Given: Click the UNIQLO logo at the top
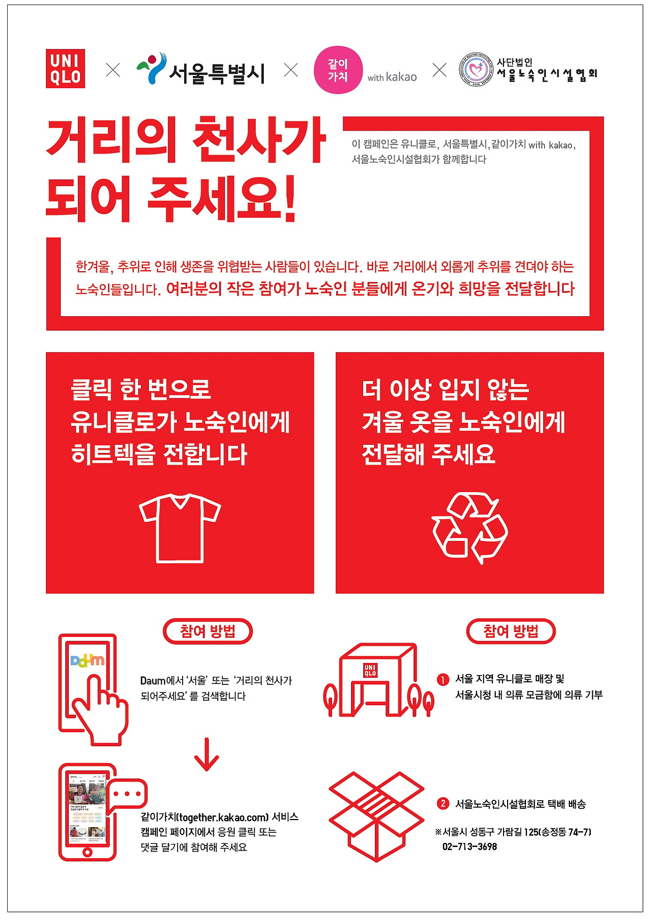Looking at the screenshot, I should [65, 69].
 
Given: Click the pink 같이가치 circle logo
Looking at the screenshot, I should [338, 70].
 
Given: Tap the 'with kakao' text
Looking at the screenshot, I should [392, 77].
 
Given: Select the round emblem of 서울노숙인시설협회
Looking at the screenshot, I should [476, 70].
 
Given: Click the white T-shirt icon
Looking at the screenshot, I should [180, 528].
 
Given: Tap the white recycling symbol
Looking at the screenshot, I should [469, 528].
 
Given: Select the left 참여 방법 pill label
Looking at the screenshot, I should [208, 631].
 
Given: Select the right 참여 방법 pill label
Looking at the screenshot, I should [511, 631].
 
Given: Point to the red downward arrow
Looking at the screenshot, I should [207, 755].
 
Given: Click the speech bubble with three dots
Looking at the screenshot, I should [128, 794].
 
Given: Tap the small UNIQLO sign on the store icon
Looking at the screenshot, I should [370, 670].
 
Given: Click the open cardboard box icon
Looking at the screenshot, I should [376, 816].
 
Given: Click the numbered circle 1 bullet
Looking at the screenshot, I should [442, 679].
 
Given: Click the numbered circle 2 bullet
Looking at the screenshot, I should [442, 804].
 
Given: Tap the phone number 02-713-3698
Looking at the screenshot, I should [469, 847].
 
